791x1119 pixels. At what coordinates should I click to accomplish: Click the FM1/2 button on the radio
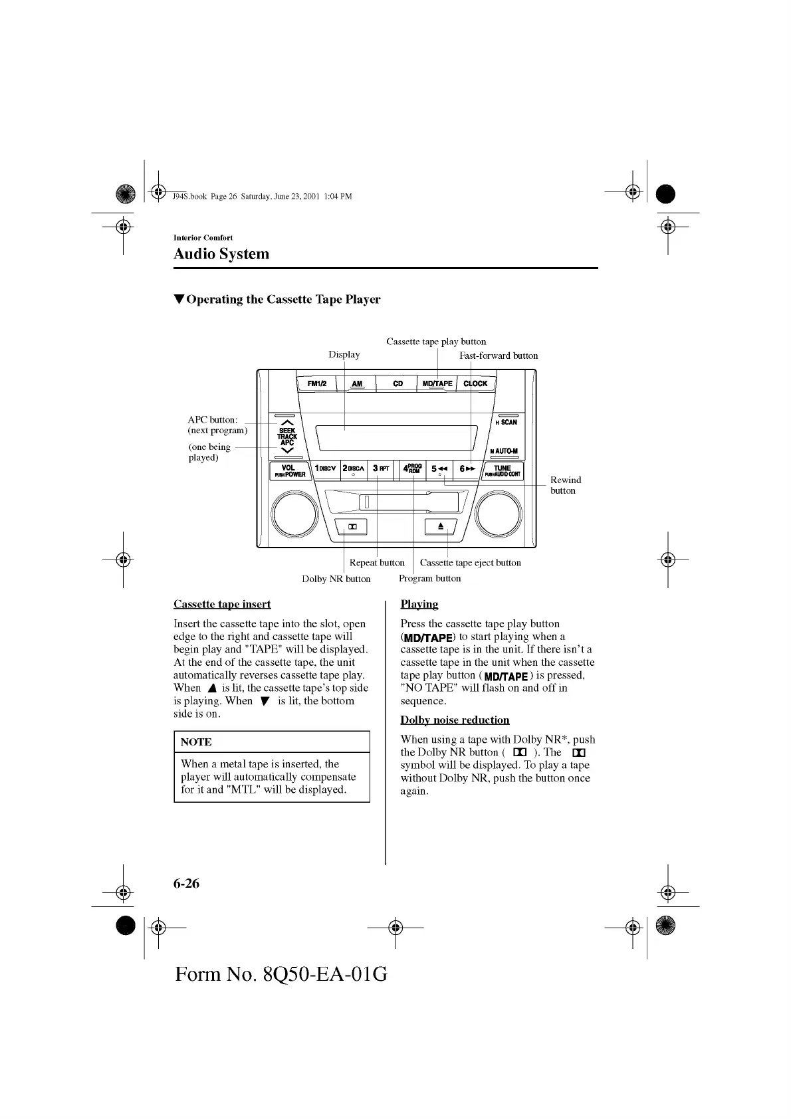(316, 383)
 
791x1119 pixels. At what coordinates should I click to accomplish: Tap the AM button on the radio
(357, 383)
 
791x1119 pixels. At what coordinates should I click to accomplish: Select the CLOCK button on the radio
(475, 383)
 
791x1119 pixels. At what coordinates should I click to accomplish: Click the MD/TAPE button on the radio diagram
(437, 383)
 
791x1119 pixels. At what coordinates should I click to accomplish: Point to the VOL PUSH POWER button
(288, 470)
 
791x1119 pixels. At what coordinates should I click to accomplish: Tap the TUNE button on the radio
(503, 470)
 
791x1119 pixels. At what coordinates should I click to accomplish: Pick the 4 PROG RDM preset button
(412, 468)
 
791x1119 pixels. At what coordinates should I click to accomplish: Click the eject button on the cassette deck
(440, 526)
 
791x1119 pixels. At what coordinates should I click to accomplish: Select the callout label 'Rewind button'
(565, 485)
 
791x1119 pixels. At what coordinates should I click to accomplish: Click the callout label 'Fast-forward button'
(499, 356)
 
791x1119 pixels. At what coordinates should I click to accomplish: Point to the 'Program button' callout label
(429, 578)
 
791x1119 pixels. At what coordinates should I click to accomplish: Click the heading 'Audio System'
(221, 254)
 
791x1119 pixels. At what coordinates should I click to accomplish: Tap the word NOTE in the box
(196, 742)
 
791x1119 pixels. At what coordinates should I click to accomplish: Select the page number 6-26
(186, 883)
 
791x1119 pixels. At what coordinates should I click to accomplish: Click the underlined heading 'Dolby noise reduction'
(455, 720)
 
